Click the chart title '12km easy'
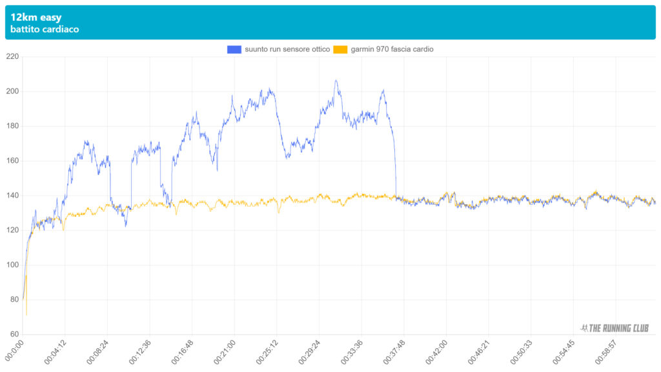coord(36,17)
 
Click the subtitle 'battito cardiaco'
coord(45,30)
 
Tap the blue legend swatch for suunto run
coord(234,49)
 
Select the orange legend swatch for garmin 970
coord(340,49)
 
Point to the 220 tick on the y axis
coord(12,57)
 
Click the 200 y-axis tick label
coord(12,92)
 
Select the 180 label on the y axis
coord(12,127)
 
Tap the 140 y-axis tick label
coord(12,196)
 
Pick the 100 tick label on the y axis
coord(12,265)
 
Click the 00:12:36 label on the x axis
coord(140,352)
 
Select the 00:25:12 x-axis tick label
coord(267,352)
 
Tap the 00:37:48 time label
coord(394,352)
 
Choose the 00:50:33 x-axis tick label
coord(521,352)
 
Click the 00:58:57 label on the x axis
coord(605,352)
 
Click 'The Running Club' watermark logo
coord(615,328)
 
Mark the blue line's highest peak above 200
coord(336,81)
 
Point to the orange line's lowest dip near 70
coord(26,315)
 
